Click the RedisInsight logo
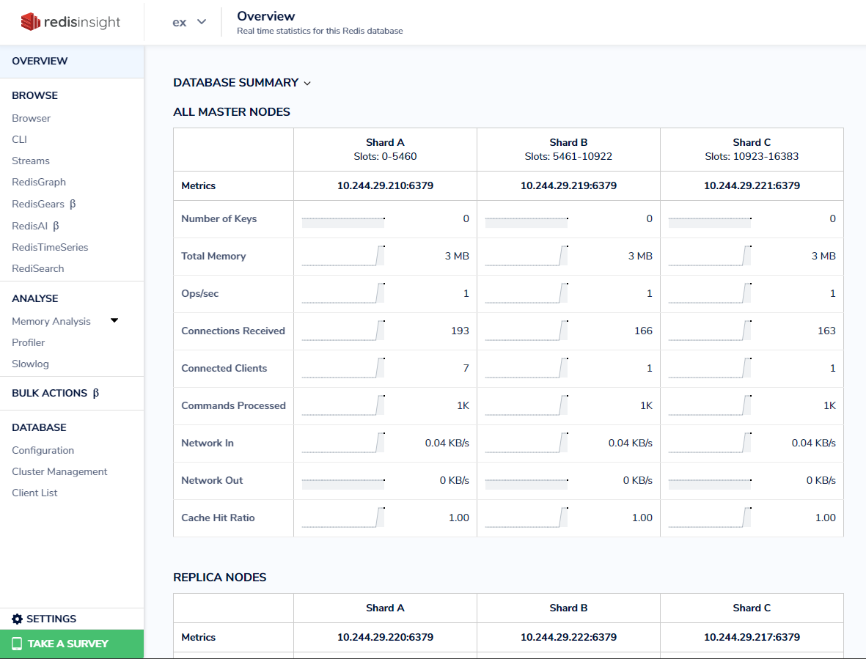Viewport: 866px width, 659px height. point(70,22)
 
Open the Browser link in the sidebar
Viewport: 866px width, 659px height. point(32,118)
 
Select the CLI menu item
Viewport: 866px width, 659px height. point(19,139)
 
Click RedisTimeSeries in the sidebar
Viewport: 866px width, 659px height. point(50,247)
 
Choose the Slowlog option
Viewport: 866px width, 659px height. point(30,364)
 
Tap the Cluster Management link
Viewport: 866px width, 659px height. point(59,471)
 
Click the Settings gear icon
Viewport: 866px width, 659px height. point(18,619)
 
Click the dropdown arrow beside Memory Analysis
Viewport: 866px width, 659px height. point(114,320)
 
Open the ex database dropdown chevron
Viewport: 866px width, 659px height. point(202,22)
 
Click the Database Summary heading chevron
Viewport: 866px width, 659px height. point(307,84)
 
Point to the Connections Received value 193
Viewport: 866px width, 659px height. point(460,331)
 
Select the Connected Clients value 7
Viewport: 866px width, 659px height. point(466,368)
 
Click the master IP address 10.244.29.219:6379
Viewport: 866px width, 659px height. point(568,185)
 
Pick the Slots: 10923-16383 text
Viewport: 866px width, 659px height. point(752,156)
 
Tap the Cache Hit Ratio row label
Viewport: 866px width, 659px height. point(218,518)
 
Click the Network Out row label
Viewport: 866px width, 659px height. point(212,480)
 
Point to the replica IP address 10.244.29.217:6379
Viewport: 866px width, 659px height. point(752,637)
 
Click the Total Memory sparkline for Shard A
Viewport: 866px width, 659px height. point(343,256)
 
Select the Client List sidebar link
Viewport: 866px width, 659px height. point(34,493)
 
